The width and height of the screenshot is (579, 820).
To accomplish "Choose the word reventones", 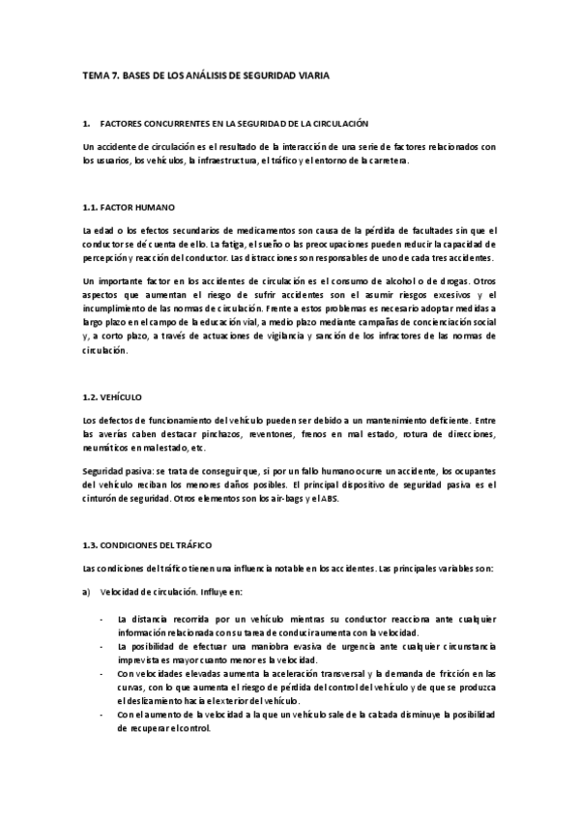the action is pos(242,434).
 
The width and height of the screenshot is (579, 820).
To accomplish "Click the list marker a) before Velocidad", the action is pos(87,592).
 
